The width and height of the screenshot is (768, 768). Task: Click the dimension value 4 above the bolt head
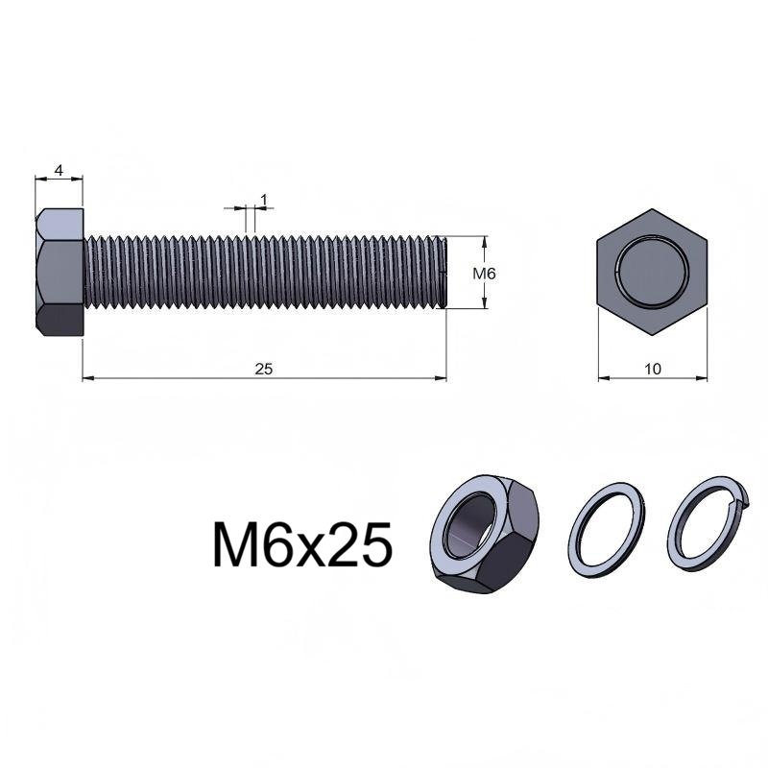click(59, 171)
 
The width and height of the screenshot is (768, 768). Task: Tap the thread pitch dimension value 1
click(264, 200)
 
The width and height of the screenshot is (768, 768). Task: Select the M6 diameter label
click(484, 274)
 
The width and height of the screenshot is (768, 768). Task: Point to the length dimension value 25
click(263, 369)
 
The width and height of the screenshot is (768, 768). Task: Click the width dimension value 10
click(653, 369)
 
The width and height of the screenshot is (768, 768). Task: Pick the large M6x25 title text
click(302, 544)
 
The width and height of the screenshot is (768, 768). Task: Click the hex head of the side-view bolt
click(60, 273)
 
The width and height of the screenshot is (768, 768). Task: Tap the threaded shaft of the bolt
click(265, 273)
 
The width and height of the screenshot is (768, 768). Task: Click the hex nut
click(484, 534)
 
